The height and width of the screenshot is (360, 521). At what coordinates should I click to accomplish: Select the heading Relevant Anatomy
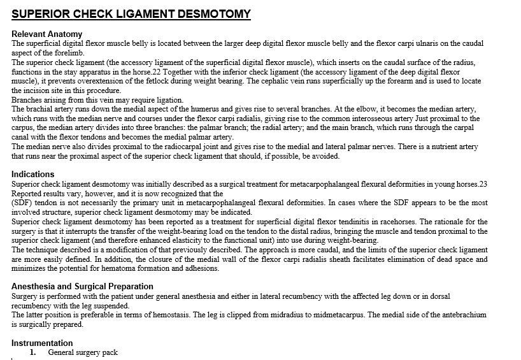click(46, 34)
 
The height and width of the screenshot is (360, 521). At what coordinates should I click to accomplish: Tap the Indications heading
click(33, 174)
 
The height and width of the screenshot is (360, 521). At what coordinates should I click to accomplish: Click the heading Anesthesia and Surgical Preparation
click(82, 287)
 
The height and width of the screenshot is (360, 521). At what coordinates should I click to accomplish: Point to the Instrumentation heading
click(42, 343)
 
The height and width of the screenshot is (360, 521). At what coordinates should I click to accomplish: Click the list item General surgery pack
click(83, 352)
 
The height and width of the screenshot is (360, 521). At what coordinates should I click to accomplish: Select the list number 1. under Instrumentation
click(33, 352)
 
